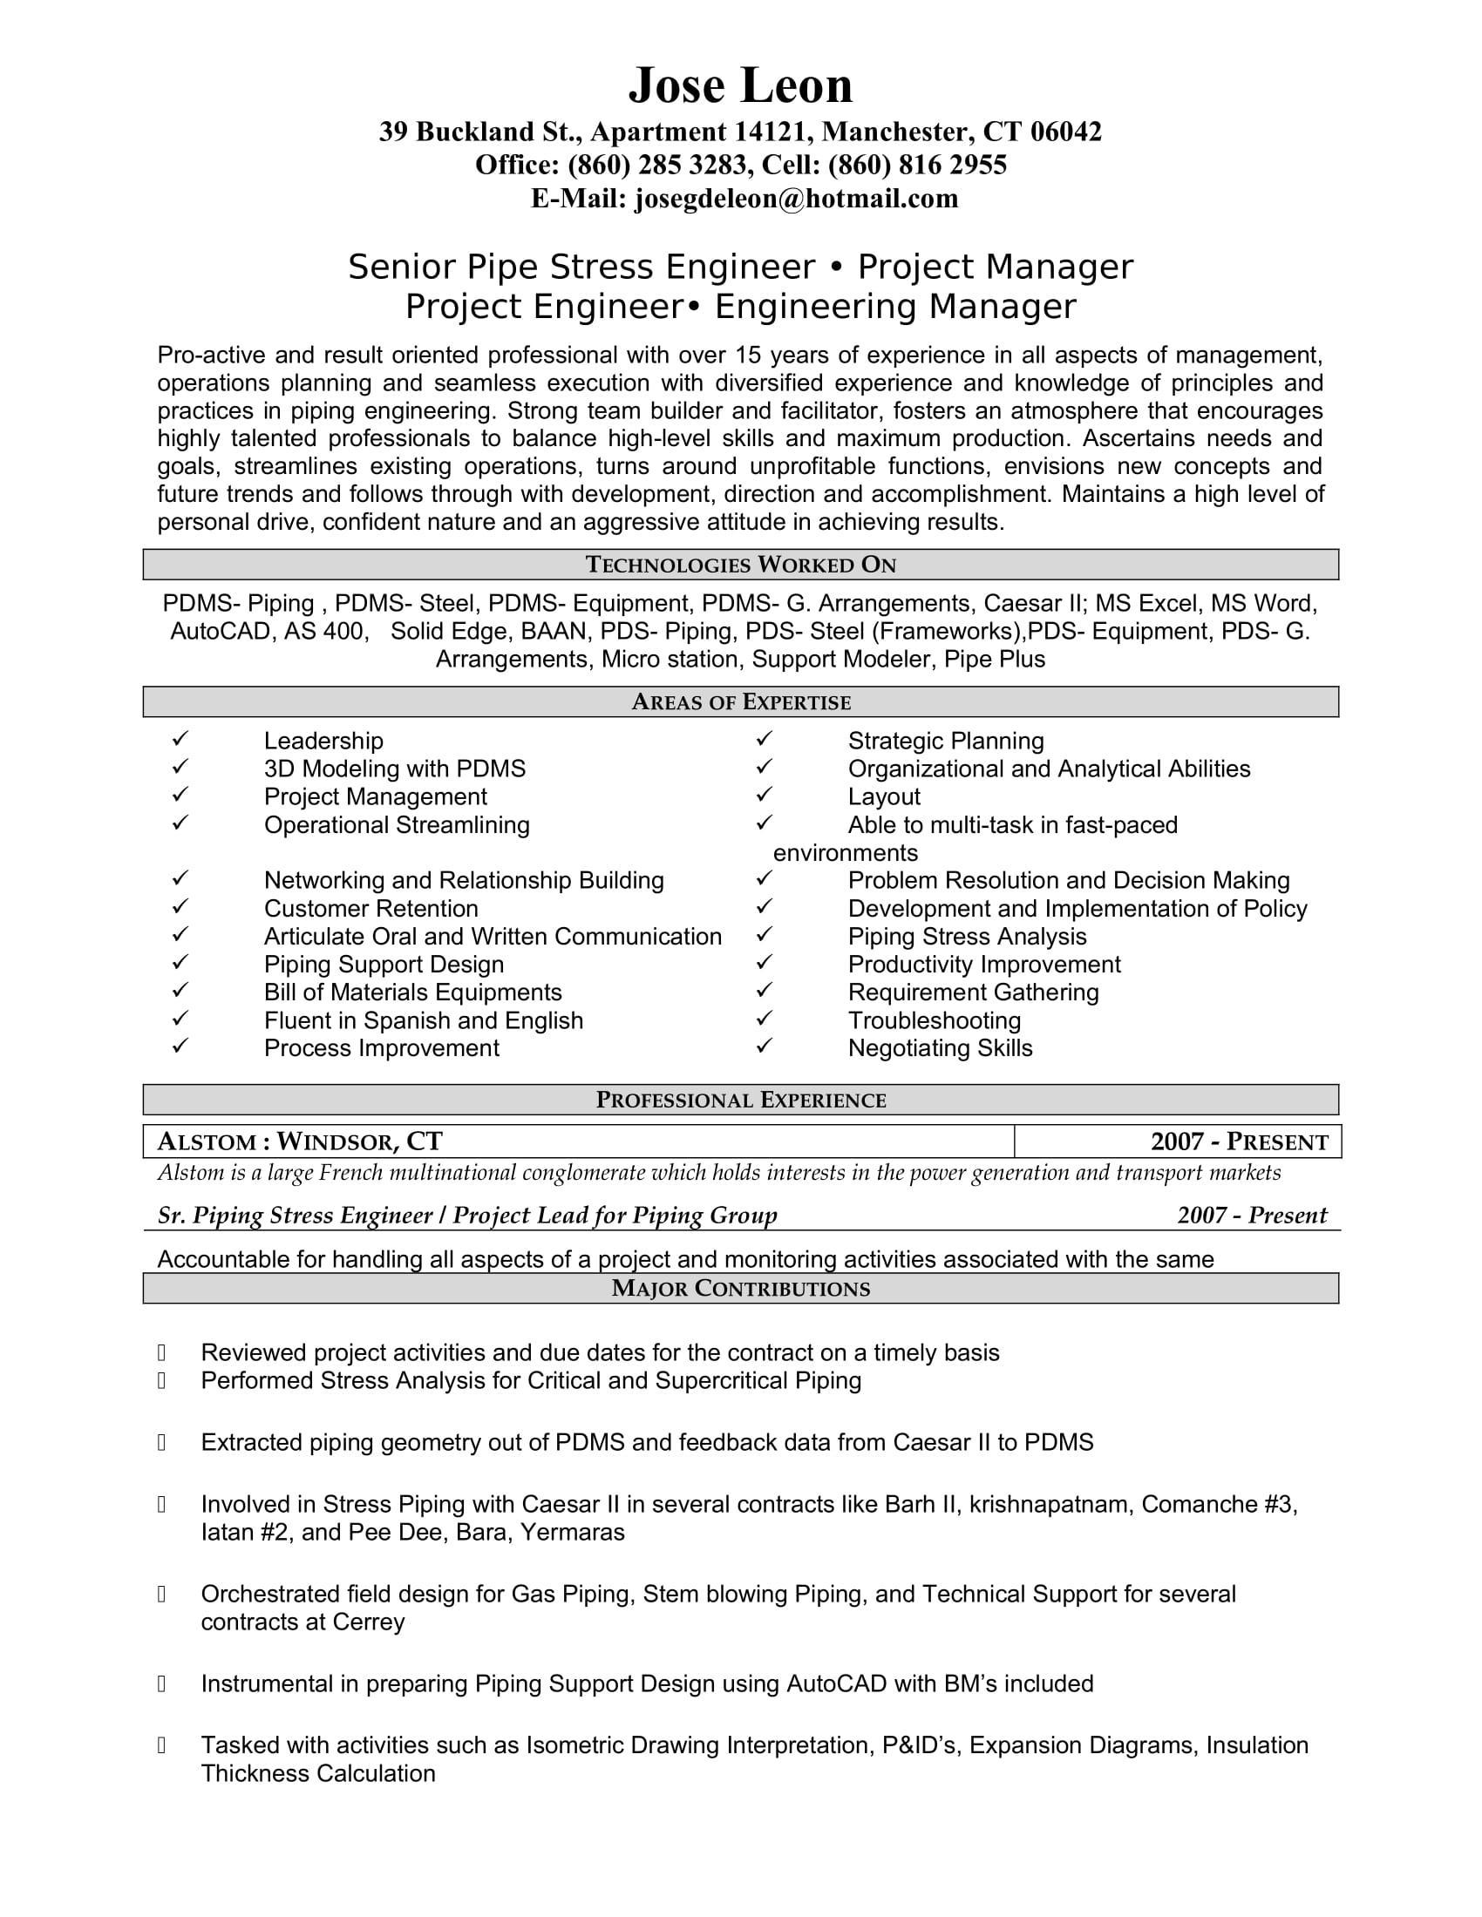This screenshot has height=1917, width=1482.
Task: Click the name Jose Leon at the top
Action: coord(740,85)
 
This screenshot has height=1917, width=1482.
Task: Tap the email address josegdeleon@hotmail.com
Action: coord(795,199)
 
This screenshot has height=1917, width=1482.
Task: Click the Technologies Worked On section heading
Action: coord(740,565)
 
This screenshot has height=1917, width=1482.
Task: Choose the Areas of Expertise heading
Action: coord(740,702)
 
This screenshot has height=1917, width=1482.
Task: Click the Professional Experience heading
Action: coord(740,1100)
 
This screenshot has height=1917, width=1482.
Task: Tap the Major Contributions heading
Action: coord(740,1289)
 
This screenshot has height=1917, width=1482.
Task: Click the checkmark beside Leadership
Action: coord(180,739)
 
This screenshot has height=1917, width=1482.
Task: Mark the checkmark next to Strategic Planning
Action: coord(765,739)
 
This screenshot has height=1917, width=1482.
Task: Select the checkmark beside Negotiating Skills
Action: coord(765,1047)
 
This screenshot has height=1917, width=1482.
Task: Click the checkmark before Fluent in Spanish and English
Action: coord(180,1018)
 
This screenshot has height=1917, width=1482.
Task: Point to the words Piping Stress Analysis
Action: coord(967,937)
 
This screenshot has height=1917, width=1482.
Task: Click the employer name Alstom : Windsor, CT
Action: coord(299,1141)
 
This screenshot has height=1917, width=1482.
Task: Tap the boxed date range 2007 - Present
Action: coord(1239,1142)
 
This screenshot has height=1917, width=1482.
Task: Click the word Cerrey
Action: coord(368,1622)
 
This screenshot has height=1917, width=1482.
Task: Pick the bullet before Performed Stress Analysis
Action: coord(161,1382)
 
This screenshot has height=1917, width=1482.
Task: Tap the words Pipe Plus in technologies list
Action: coord(994,660)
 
